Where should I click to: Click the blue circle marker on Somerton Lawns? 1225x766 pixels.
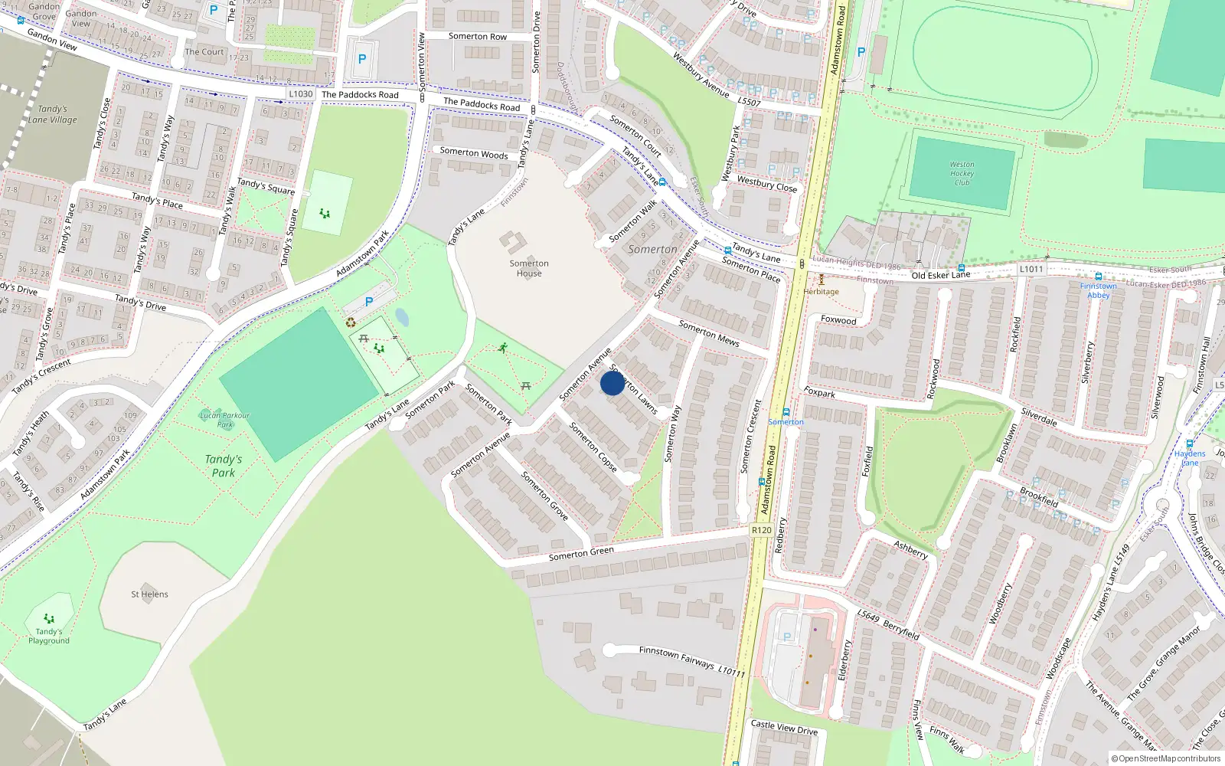point(612,383)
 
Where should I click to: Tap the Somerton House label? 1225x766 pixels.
point(528,268)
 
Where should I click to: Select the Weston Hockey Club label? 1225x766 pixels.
point(962,174)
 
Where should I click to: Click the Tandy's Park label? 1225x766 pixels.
point(224,466)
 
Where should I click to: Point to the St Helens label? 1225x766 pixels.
point(149,594)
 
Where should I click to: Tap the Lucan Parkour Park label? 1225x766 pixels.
point(224,420)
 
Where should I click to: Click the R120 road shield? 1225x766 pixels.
point(761,530)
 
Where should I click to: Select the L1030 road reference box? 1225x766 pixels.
point(300,94)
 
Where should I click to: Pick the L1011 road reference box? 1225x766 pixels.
point(1031,269)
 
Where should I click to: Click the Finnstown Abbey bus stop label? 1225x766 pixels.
point(1098,290)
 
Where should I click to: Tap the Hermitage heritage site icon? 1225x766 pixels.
point(822,280)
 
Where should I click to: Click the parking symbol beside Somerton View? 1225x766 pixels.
point(362,59)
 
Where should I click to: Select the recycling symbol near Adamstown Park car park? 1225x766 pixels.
point(351,322)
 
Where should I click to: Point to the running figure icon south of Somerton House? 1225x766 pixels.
point(503,348)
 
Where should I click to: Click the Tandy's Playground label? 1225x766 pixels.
point(49,636)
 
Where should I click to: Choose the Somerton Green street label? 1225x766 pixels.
point(581,554)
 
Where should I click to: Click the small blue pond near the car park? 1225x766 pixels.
point(402,317)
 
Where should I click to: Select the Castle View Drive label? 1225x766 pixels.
point(784,727)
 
